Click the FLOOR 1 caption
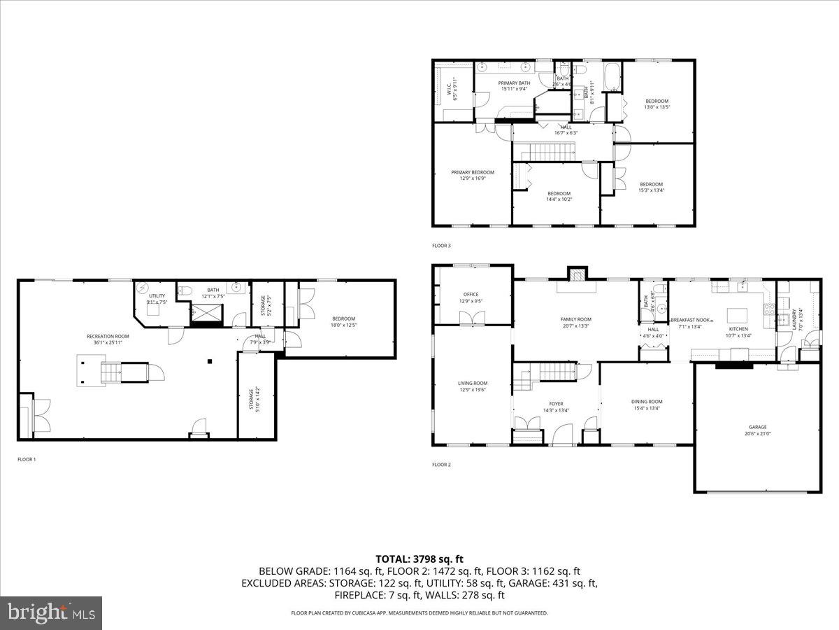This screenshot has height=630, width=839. coord(27,459)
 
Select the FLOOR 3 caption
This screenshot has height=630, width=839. coord(442,246)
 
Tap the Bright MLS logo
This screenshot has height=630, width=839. coord(51,613)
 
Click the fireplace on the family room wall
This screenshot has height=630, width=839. coord(576,274)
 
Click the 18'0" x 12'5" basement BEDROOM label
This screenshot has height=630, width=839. coord(343,321)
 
